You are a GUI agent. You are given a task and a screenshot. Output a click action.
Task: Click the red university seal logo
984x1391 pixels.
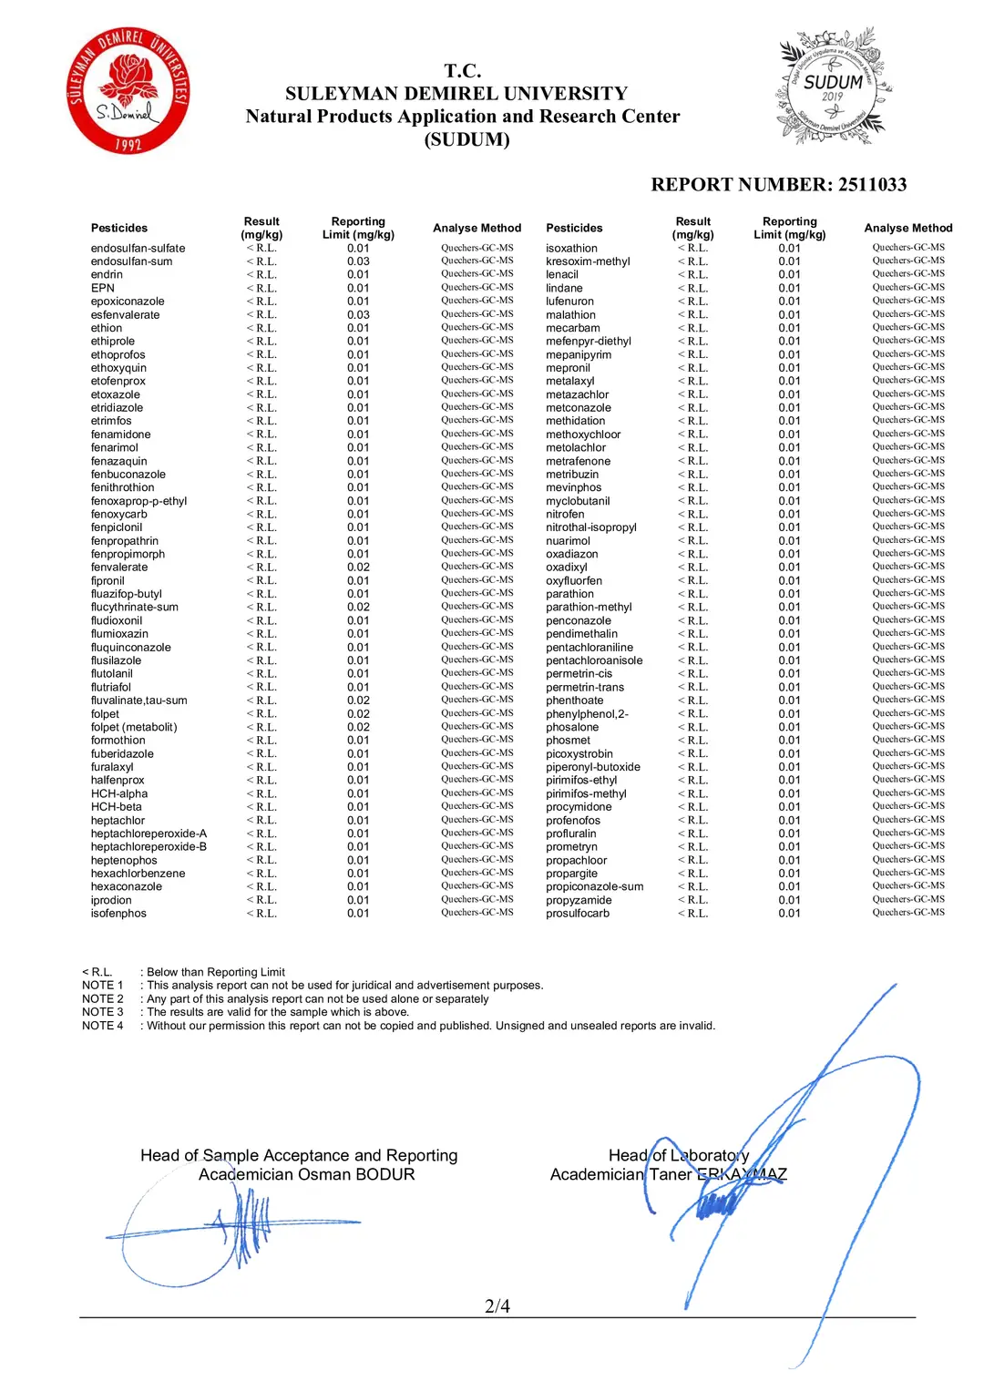(x=128, y=90)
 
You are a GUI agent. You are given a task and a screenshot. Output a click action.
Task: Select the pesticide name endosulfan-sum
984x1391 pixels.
(x=131, y=261)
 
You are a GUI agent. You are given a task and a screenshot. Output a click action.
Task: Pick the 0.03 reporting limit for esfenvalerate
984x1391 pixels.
(x=358, y=315)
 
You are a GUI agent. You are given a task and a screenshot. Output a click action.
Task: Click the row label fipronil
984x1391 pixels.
(x=108, y=581)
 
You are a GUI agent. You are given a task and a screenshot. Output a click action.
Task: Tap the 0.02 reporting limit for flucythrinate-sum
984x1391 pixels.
(x=358, y=608)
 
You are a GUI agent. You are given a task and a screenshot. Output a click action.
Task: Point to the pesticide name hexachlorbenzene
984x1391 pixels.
(x=138, y=874)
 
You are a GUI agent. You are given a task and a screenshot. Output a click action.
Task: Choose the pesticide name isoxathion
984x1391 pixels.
(x=571, y=249)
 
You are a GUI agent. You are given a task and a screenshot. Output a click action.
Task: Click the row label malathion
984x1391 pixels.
(x=570, y=315)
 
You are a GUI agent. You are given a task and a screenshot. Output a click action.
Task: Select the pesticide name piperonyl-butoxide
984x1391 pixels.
(x=592, y=767)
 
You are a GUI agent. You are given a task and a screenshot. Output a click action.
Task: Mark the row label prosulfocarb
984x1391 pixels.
(x=577, y=914)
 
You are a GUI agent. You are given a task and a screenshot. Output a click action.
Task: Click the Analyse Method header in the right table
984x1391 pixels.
(x=907, y=229)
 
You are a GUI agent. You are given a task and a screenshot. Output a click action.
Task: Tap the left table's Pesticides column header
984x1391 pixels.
(x=118, y=229)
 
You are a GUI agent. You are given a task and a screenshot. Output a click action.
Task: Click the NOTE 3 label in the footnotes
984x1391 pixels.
(x=102, y=1012)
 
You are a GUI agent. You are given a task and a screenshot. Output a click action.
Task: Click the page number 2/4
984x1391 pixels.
(x=497, y=1305)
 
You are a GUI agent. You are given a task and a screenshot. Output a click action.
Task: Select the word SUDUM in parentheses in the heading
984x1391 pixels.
(x=466, y=139)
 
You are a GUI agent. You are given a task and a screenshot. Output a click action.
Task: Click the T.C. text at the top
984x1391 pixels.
(x=463, y=71)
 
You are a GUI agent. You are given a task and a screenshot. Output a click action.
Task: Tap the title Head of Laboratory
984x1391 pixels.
(x=678, y=1155)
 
